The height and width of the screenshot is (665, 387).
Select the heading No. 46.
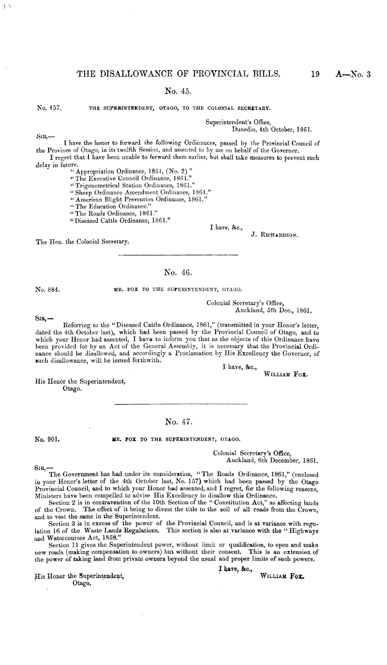tap(175, 271)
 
